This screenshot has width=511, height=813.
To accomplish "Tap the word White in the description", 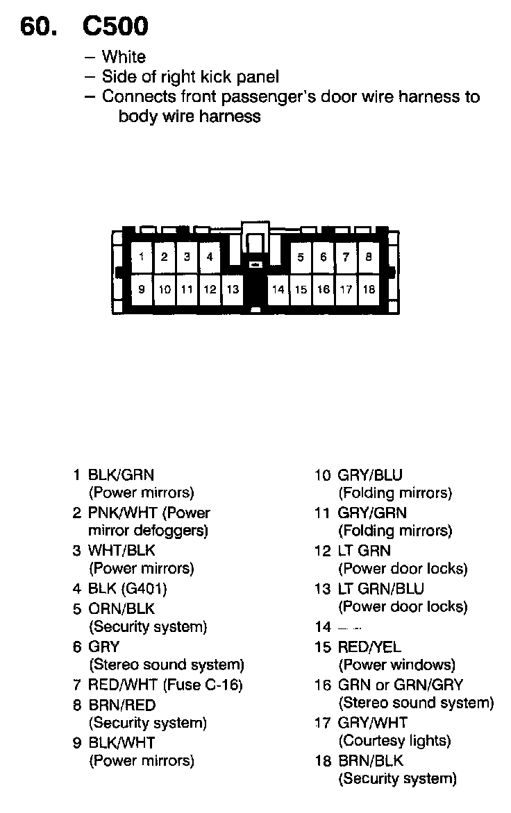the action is click(124, 57).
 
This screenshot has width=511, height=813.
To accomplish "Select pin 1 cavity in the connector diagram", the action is click(142, 257).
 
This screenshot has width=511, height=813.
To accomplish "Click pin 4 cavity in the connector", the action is click(209, 257).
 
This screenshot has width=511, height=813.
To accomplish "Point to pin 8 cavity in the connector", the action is click(369, 257).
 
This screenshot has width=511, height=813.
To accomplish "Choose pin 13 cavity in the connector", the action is click(233, 289).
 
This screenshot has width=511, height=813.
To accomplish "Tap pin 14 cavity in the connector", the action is click(278, 289).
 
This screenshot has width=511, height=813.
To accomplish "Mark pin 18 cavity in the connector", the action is click(369, 289).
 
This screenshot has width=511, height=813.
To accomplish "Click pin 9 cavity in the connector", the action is click(142, 289).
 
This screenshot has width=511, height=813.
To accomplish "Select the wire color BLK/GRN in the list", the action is click(121, 475).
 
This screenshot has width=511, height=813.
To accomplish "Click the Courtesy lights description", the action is click(394, 741).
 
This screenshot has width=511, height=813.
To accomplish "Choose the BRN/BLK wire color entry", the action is click(370, 760).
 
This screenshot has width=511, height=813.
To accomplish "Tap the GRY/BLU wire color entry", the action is click(370, 475).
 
